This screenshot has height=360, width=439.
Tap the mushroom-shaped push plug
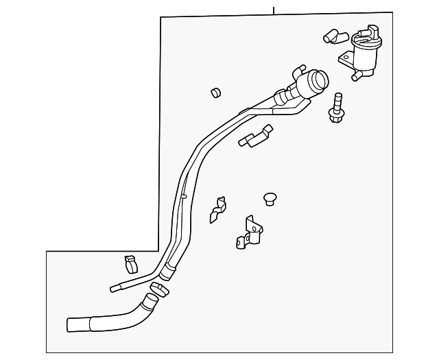pos(270,198)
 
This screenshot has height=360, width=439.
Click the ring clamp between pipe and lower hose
pos(158,291)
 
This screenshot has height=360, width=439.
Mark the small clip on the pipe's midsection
pos(183,196)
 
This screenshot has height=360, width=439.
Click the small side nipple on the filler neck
pos(299,69)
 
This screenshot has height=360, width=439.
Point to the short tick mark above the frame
pos(273,10)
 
